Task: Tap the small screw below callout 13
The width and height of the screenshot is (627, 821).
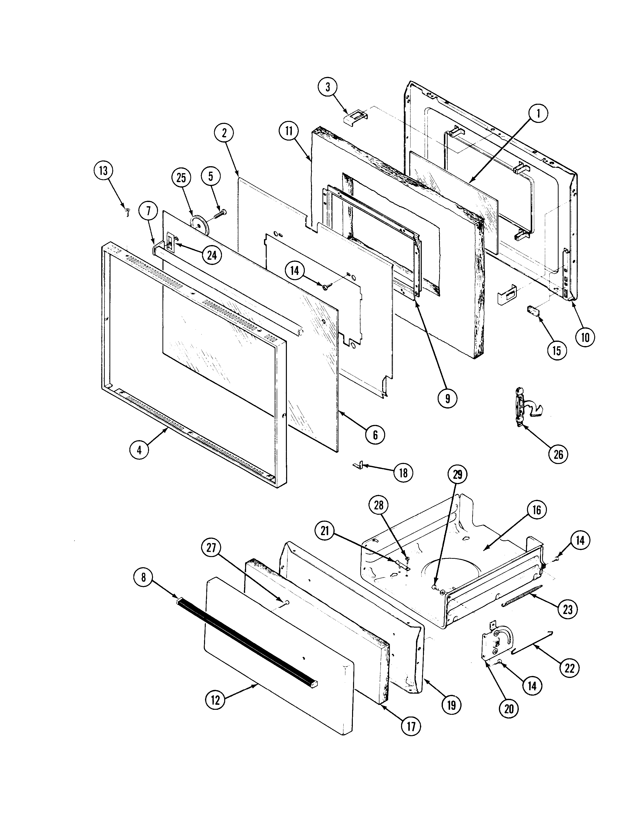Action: [x=128, y=213]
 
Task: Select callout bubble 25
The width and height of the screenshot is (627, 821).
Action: [x=181, y=178]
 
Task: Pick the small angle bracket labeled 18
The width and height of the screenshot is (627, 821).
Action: [x=359, y=465]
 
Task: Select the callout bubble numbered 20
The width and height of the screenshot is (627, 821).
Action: [x=509, y=708]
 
